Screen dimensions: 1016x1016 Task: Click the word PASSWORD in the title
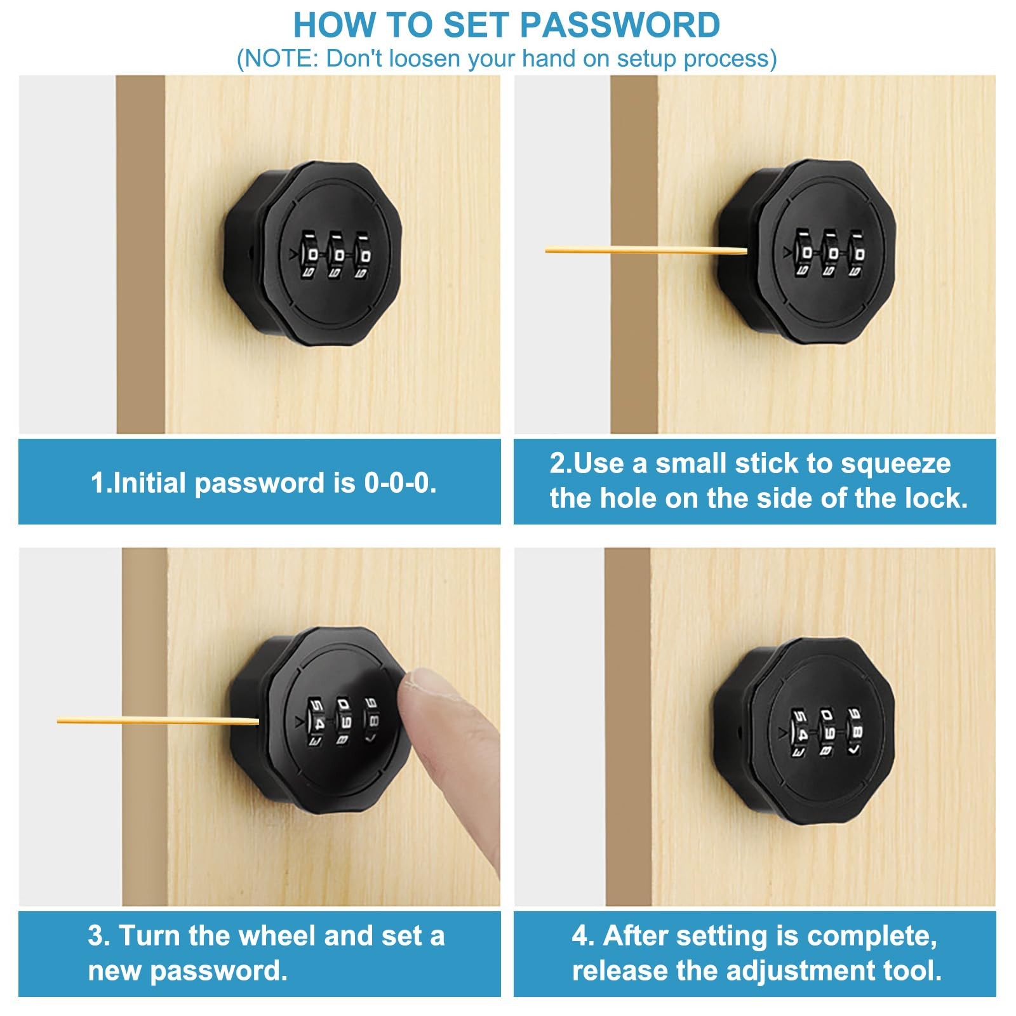pyautogui.click(x=620, y=25)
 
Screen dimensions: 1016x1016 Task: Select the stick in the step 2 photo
pyautogui.click(x=646, y=250)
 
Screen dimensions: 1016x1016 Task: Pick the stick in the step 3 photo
pyautogui.click(x=158, y=721)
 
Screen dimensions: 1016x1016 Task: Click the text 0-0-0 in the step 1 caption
pyautogui.click(x=400, y=483)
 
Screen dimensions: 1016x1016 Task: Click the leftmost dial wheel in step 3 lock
pyautogui.click(x=317, y=722)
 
